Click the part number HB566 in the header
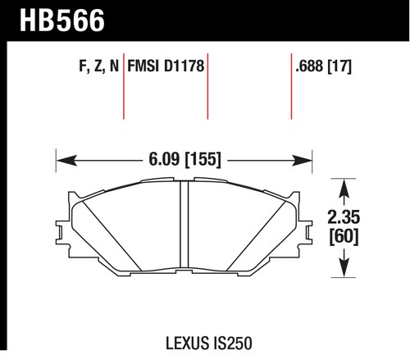click(62, 21)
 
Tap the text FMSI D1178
click(166, 66)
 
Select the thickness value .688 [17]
click(324, 66)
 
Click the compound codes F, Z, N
click(99, 66)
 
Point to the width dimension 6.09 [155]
click(184, 159)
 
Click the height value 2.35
click(344, 217)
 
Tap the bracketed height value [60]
click(344, 236)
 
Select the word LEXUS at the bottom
click(187, 344)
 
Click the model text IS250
click(232, 344)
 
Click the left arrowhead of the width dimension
click(66, 161)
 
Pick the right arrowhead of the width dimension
click(302, 161)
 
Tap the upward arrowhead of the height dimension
click(344, 189)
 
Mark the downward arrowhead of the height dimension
click(344, 267)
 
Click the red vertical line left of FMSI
click(124, 86)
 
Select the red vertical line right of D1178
click(207, 86)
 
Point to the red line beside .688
click(291, 86)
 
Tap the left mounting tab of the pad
click(60, 232)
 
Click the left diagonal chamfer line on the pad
click(112, 235)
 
